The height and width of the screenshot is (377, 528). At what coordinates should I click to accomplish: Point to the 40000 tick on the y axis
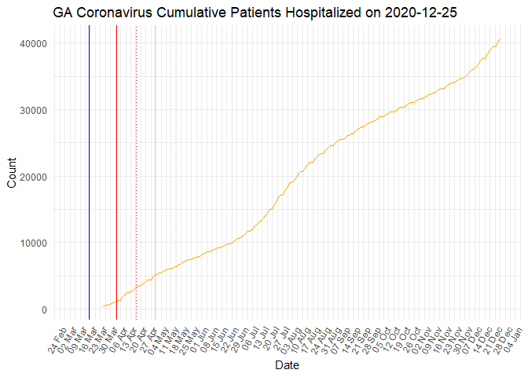point(29,43)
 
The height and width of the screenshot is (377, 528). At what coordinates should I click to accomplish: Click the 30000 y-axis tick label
point(29,110)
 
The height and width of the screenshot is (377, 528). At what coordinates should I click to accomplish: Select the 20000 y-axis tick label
point(29,177)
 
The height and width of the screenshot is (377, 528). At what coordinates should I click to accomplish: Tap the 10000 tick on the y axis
point(29,243)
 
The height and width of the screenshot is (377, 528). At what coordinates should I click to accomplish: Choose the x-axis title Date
point(284,365)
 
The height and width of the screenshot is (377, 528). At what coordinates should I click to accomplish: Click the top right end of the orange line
point(500,39)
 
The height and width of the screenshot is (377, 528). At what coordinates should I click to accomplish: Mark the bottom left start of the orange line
point(103,306)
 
